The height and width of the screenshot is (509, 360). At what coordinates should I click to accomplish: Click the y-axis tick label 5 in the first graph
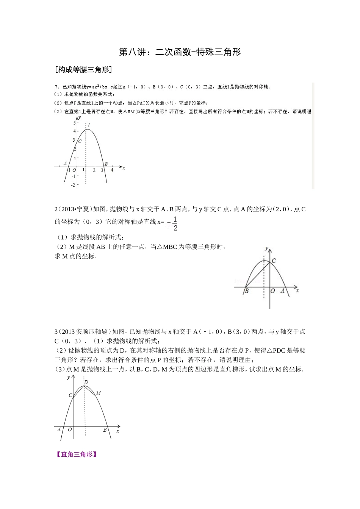pyautogui.click(x=74, y=123)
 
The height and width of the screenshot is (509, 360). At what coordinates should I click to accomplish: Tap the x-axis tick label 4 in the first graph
pyautogui.click(x=112, y=170)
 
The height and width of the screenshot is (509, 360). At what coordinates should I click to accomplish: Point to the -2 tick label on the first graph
pyautogui.click(x=73, y=184)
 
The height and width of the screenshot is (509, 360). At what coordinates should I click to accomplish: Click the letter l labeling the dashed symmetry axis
pyautogui.click(x=89, y=125)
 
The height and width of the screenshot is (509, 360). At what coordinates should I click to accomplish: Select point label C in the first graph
pyautogui.click(x=80, y=141)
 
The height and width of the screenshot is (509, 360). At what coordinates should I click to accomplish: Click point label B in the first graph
pyautogui.click(x=106, y=164)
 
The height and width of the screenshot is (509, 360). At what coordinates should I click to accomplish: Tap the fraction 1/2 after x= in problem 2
pyautogui.click(x=175, y=223)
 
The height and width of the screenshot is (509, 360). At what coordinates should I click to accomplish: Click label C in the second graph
pyautogui.click(x=274, y=261)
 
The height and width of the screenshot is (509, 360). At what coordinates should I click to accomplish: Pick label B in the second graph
pyautogui.click(x=246, y=291)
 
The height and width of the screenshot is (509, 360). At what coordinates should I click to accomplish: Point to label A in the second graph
pyautogui.click(x=282, y=291)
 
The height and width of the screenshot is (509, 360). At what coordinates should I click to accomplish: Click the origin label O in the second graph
pyautogui.click(x=272, y=291)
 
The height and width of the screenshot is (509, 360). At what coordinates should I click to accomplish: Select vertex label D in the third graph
pyautogui.click(x=86, y=382)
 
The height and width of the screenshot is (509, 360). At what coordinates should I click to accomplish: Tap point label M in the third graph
pyautogui.click(x=98, y=393)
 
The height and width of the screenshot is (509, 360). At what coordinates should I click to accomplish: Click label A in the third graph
pyautogui.click(x=59, y=429)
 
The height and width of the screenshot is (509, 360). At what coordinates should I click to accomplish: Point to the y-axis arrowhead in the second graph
pyautogui.click(x=270, y=249)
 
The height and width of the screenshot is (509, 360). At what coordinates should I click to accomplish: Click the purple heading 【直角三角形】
pyautogui.click(x=76, y=454)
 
